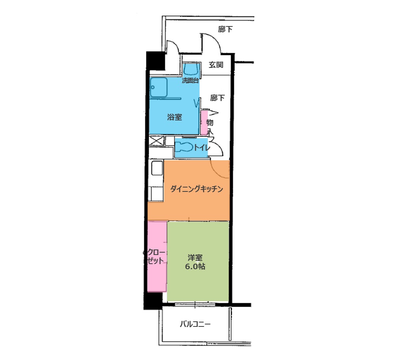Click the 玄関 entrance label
(x=216, y=65)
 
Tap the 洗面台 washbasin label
(x=190, y=81)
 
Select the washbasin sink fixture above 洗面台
(x=192, y=69)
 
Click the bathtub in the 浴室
(x=158, y=87)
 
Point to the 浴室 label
(x=174, y=117)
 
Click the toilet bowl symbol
(x=184, y=147)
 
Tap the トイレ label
(x=202, y=148)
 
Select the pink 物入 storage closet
(x=204, y=123)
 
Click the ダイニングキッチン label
(x=196, y=189)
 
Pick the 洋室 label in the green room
(x=195, y=258)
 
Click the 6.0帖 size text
(x=195, y=266)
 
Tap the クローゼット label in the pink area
(x=156, y=256)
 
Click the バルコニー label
(x=195, y=324)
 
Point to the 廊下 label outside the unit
(x=225, y=29)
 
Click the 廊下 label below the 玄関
(x=217, y=98)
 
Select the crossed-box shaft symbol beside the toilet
(x=157, y=141)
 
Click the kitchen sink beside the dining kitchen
(x=157, y=168)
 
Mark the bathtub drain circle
(x=153, y=87)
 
